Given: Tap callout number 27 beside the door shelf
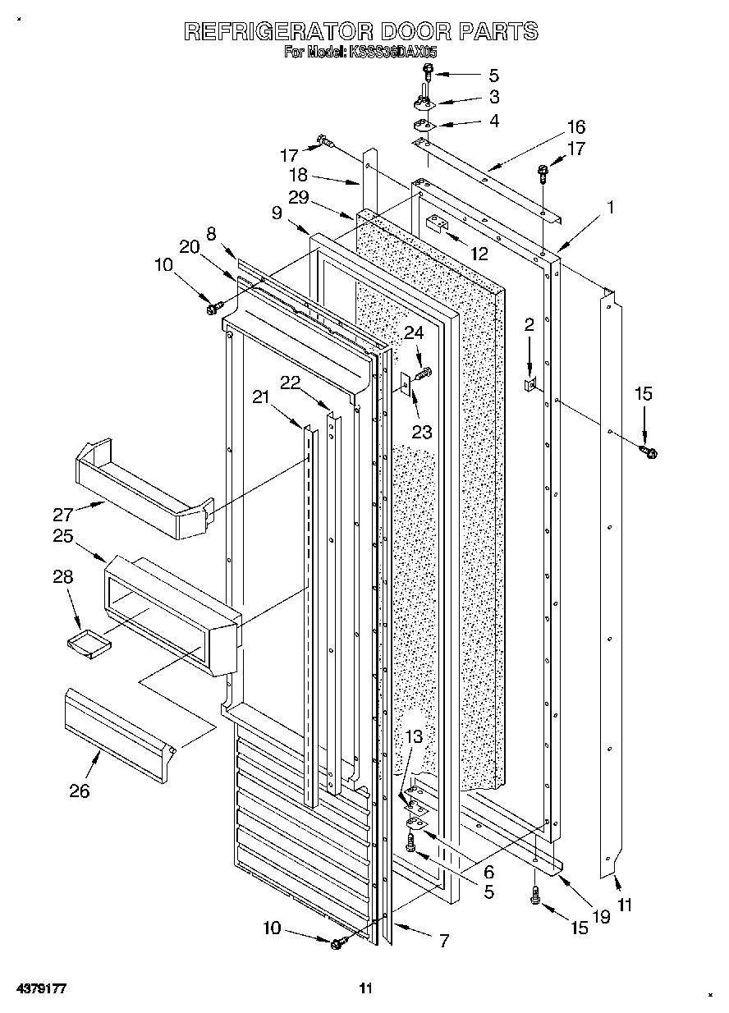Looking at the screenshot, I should tap(64, 515).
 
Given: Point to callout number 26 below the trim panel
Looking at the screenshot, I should tap(80, 791).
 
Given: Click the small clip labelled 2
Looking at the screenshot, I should tap(530, 384).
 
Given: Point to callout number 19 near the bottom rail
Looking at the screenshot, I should tap(602, 917).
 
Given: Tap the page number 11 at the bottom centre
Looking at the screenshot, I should tap(365, 988).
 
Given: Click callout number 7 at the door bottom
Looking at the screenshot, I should tap(443, 941).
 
